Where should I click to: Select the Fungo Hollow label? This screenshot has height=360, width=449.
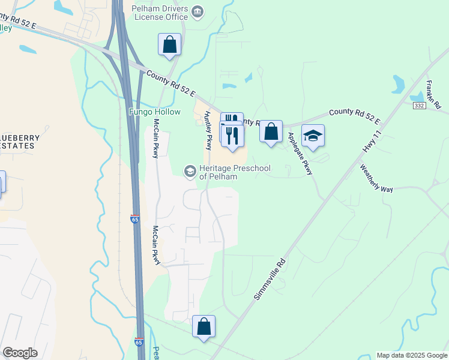[155, 112]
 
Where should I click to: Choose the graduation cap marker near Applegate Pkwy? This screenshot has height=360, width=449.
[313, 136]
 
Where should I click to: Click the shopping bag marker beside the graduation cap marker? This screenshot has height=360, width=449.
[271, 130]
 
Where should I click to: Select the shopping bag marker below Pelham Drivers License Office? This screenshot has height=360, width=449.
[170, 44]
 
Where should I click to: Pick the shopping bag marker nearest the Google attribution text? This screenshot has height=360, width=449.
[204, 327]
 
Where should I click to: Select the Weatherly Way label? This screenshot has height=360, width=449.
[376, 178]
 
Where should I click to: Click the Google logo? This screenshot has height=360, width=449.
[20, 353]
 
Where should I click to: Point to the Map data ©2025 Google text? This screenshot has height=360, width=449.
[412, 355]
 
